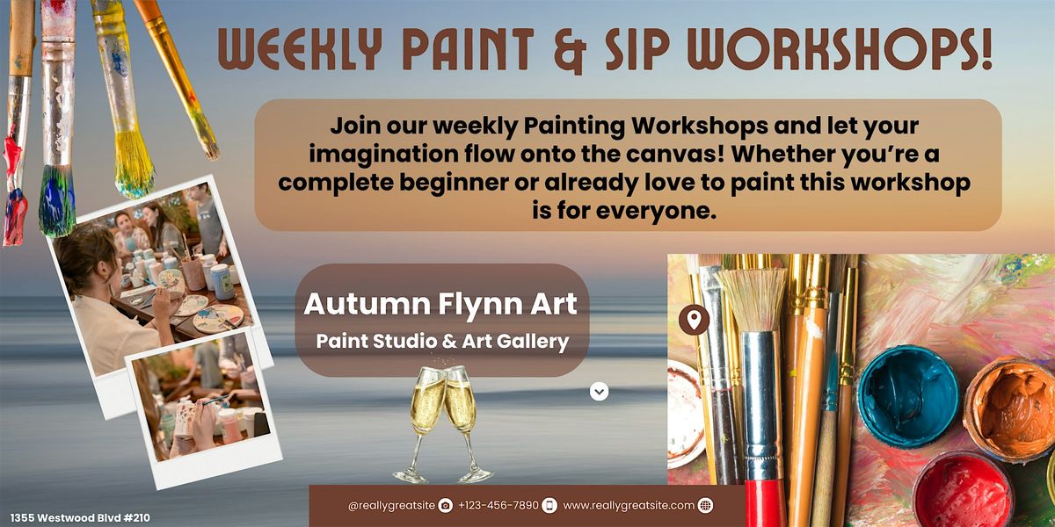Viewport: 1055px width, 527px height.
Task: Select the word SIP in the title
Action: tap(637, 49)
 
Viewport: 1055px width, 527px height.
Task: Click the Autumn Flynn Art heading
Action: tap(440, 305)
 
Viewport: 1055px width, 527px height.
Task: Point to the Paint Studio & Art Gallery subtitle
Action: tap(442, 342)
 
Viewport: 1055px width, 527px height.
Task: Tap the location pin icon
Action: tap(694, 320)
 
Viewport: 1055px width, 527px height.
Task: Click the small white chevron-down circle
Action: tap(599, 392)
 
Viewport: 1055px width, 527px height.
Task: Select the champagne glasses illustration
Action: tap(443, 423)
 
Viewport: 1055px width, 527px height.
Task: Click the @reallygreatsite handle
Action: tap(391, 506)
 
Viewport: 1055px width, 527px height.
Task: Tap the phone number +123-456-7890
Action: tap(498, 505)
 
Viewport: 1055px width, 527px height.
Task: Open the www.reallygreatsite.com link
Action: tap(629, 506)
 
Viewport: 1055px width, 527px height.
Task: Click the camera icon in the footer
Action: tap(445, 505)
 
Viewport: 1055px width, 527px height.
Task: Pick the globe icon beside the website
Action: tap(705, 505)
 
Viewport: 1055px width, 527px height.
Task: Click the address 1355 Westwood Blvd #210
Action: tap(80, 518)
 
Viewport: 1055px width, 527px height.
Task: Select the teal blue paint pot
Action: tap(908, 396)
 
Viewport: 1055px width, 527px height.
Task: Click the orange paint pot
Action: tap(1010, 409)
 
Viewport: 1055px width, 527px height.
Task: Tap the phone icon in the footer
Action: tap(549, 505)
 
